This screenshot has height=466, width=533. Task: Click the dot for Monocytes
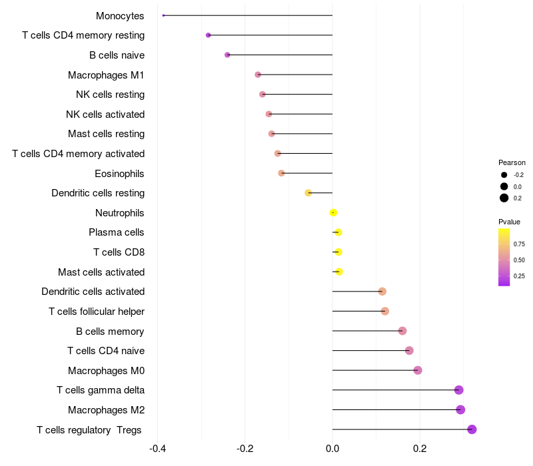(163, 15)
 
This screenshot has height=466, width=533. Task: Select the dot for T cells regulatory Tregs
(472, 429)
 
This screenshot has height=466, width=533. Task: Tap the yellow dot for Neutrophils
(333, 213)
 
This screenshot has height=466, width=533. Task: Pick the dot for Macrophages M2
(460, 410)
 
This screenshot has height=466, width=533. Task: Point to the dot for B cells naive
(227, 55)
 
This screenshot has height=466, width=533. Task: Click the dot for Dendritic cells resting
(308, 193)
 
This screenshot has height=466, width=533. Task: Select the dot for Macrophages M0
(418, 370)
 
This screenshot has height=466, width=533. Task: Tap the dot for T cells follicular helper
(384, 312)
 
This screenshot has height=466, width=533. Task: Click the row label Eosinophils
(120, 174)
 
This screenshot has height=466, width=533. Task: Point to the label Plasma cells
(117, 232)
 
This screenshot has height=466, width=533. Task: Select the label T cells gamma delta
(101, 390)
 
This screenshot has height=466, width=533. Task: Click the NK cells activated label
(105, 115)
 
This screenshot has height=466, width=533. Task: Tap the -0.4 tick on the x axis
(157, 449)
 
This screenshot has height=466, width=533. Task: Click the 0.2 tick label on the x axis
(420, 449)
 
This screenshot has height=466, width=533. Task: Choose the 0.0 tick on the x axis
(332, 449)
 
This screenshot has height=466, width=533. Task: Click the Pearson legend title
(512, 162)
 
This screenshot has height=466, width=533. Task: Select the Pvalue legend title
(510, 222)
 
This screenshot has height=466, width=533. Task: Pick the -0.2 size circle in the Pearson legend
(504, 175)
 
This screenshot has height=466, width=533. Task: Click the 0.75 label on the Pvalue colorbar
(519, 244)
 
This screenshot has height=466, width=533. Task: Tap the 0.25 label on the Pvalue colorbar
(519, 276)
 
